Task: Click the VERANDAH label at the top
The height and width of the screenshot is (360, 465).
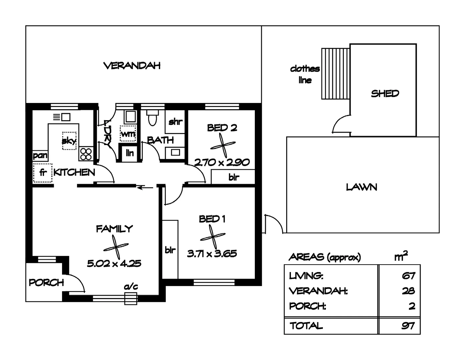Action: coord(132,66)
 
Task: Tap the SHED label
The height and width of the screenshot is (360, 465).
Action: coord(385,94)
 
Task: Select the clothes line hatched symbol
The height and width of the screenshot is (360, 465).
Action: coord(335,74)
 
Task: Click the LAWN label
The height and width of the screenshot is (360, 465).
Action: coord(362,187)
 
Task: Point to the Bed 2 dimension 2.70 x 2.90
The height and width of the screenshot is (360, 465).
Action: coord(222,163)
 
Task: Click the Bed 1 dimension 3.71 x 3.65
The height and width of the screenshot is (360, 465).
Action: coord(212,254)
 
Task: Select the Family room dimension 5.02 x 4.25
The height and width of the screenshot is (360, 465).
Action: coord(114,264)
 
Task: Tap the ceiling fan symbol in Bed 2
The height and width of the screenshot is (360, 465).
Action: coord(223,145)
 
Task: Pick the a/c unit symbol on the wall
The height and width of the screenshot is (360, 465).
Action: coord(131,298)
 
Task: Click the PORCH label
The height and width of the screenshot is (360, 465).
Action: coord(46,283)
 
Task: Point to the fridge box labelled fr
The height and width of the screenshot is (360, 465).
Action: coord(43,173)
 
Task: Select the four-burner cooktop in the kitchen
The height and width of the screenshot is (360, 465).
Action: coord(86,154)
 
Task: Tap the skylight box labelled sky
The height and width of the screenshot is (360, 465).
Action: coord(69,141)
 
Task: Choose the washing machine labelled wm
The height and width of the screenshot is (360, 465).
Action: coord(128,134)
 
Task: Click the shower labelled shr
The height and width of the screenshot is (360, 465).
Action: coord(175,122)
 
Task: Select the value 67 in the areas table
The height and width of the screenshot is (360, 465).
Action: coord(408,276)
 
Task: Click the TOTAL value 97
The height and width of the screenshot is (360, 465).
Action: coord(408,325)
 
